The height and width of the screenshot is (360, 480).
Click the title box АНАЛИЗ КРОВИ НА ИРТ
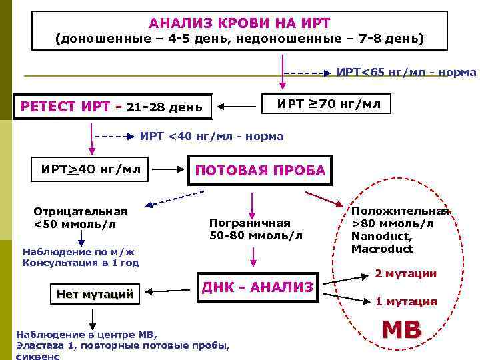[x=239, y=30]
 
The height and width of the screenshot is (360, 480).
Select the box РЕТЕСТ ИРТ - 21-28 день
[x=113, y=106]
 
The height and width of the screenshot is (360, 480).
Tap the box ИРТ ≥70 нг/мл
[x=324, y=103]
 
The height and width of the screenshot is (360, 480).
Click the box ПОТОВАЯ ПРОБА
[x=260, y=170]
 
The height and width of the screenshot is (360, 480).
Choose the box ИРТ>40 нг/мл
[x=91, y=169]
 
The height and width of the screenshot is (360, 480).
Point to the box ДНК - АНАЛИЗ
[x=257, y=287]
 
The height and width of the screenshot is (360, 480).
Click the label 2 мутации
[x=405, y=273]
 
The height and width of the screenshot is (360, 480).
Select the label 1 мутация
[x=405, y=301]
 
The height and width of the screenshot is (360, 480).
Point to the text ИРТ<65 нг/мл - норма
[x=406, y=72]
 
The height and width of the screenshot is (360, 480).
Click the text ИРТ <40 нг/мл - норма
[x=211, y=137]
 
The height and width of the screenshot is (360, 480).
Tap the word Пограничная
[x=250, y=223]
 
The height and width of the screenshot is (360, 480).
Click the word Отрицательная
[x=80, y=211]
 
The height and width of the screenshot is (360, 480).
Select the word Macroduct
[x=383, y=249]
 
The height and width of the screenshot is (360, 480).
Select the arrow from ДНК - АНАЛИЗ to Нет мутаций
[x=171, y=291]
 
